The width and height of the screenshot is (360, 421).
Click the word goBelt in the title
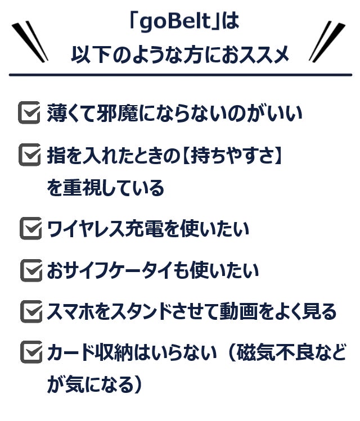(x=175, y=21)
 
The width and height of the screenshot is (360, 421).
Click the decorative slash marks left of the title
(x=30, y=42)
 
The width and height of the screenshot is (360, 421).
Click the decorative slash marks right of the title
(x=327, y=42)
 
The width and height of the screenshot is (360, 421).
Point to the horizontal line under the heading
(x=180, y=75)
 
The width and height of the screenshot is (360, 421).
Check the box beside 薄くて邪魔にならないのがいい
(x=29, y=112)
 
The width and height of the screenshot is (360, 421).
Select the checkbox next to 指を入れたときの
(x=30, y=155)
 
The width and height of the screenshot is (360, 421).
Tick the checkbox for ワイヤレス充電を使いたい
(x=30, y=228)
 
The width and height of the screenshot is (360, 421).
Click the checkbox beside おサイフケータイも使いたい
(x=31, y=270)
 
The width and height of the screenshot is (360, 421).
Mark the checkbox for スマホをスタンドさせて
(x=31, y=311)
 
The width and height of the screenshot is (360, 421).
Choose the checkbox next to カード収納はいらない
(x=31, y=352)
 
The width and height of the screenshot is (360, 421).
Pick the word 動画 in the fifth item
(x=239, y=312)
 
